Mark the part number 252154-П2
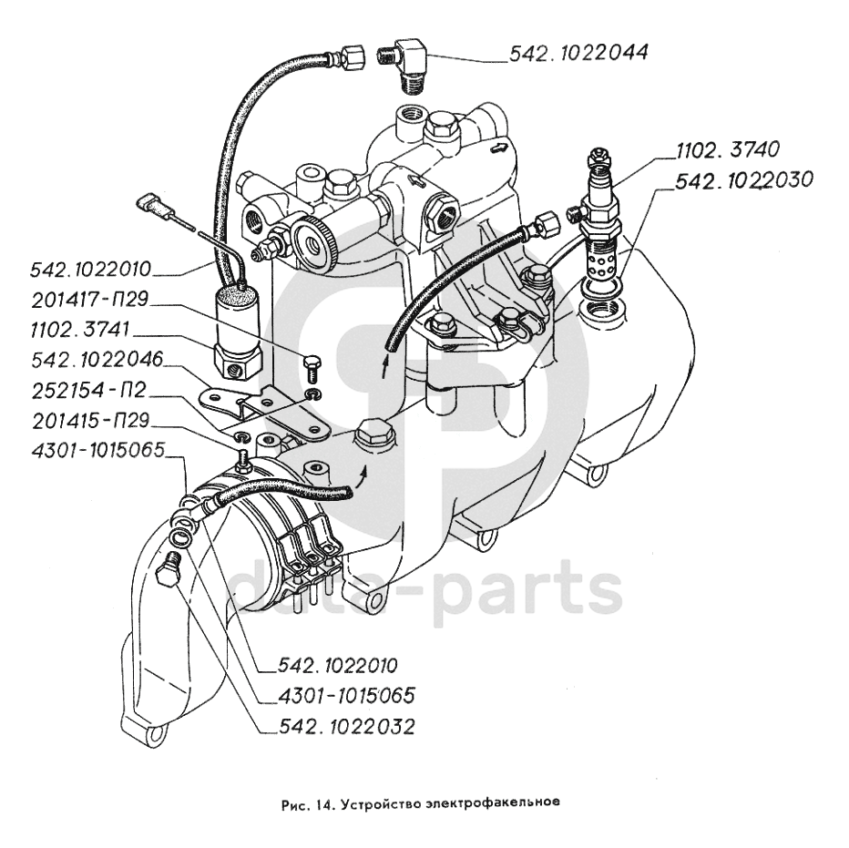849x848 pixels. (x=88, y=393)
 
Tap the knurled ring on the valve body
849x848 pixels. (x=314, y=244)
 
